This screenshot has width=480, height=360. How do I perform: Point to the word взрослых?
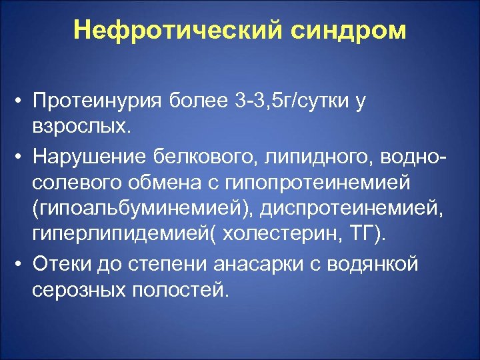coord(80,125)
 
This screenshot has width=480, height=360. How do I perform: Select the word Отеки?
coord(61,265)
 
